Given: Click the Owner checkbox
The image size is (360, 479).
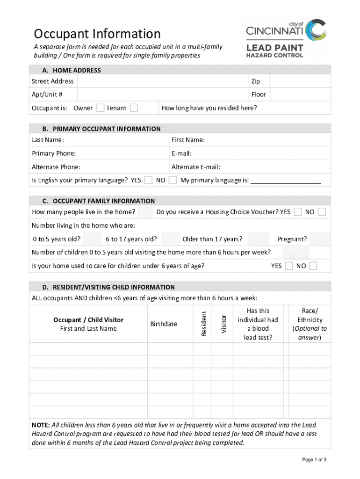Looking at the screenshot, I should (100, 108).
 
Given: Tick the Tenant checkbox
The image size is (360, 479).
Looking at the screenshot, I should (134, 108).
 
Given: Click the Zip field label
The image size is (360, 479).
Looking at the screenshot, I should (255, 81).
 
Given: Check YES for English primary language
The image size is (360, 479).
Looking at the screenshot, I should (148, 180).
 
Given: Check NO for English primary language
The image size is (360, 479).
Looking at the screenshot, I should (173, 180).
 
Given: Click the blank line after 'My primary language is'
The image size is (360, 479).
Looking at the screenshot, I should (286, 181).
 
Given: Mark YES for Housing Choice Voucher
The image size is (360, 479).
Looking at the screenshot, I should (297, 212).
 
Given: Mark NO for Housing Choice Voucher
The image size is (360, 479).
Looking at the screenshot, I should (322, 212).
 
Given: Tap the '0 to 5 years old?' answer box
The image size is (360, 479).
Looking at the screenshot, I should (92, 239).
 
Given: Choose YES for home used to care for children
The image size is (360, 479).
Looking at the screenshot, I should (288, 266).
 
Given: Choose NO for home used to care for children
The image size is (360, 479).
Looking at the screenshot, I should (313, 266).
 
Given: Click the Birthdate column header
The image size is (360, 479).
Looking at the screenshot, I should (164, 324).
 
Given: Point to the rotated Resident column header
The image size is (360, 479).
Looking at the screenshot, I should (204, 324).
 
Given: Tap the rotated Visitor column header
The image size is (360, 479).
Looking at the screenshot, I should (223, 324).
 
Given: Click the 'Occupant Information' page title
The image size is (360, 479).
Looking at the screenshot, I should (97, 34).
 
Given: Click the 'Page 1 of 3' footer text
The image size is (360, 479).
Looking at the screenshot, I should (314, 460).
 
